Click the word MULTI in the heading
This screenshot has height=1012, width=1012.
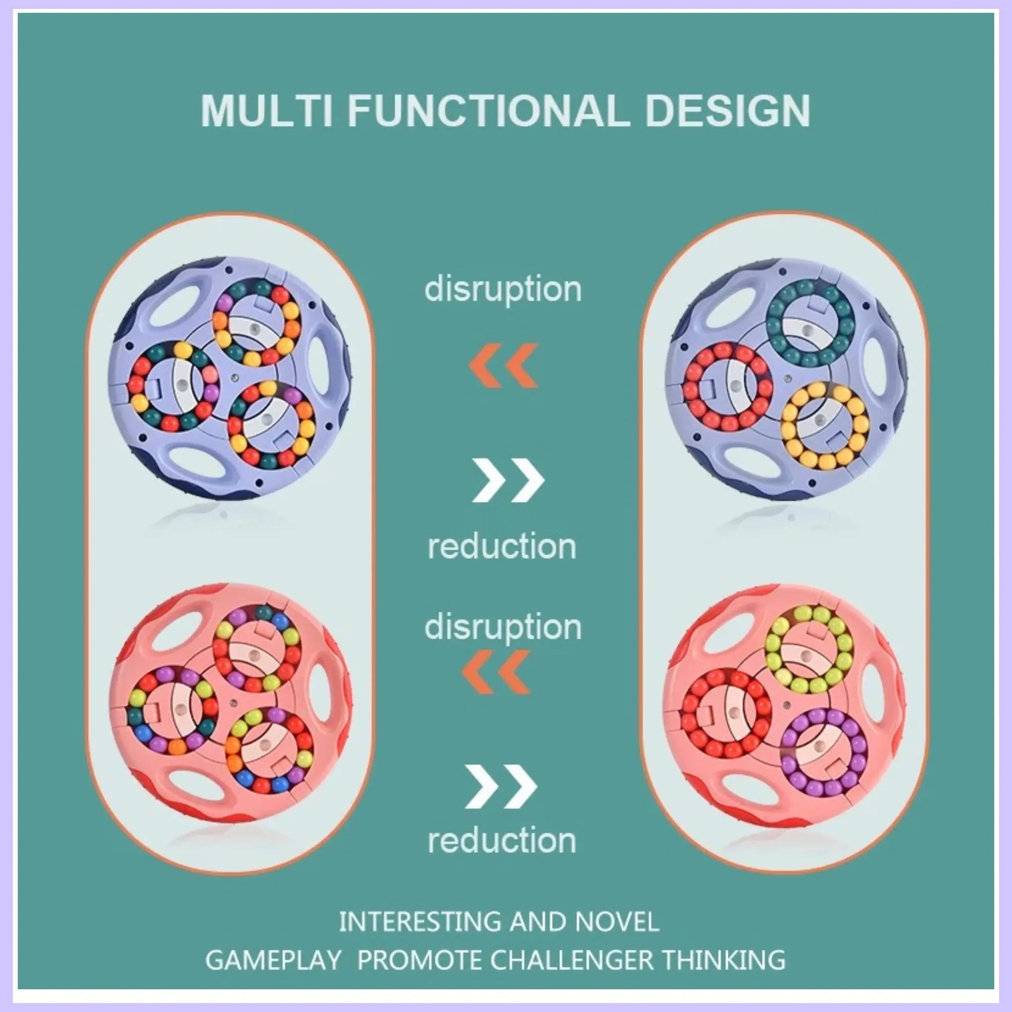(267, 111)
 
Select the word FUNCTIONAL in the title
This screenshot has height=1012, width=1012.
(488, 111)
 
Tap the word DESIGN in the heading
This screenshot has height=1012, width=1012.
(728, 111)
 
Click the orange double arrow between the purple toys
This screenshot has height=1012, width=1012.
(503, 366)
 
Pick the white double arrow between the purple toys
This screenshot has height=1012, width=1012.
(508, 481)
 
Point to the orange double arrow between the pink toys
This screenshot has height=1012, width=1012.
(497, 672)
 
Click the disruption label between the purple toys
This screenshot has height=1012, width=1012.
(503, 289)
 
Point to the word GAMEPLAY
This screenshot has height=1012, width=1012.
(274, 961)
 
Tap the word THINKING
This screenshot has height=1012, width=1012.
(723, 961)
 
